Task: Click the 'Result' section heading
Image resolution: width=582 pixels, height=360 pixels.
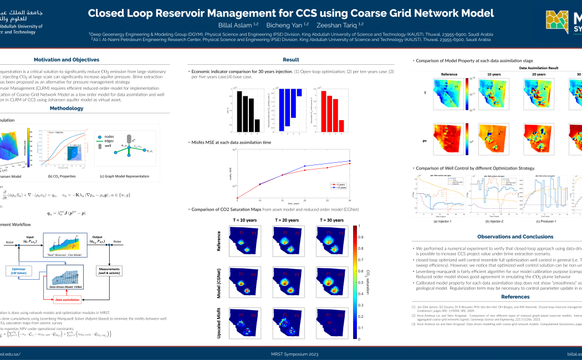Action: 291,59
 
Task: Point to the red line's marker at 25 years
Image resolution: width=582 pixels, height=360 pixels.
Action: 328,167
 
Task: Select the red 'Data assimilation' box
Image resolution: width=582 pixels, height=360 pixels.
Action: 68,300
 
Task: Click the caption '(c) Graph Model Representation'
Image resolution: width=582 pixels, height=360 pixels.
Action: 125,176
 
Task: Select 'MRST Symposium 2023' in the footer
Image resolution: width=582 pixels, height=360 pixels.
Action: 291,353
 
